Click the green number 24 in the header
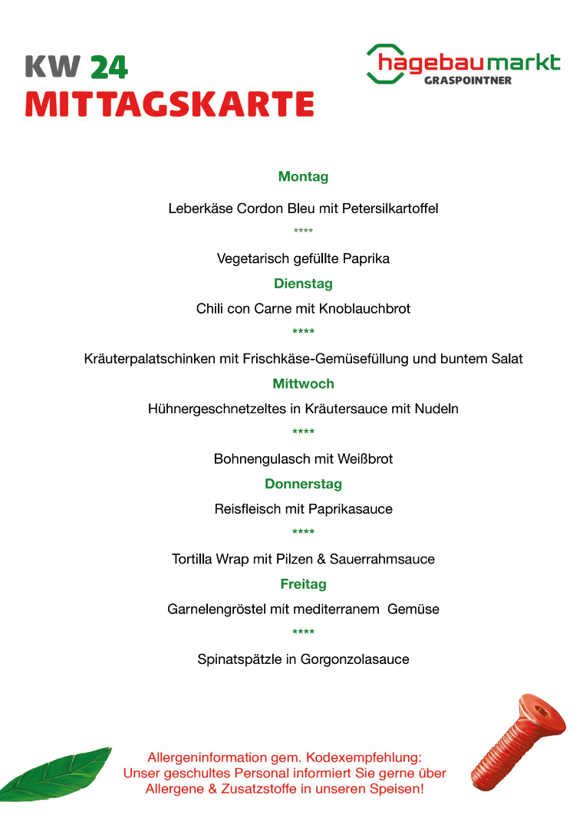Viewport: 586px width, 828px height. (x=108, y=67)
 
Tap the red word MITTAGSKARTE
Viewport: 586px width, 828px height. (x=170, y=104)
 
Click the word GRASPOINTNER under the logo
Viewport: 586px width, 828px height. (x=467, y=80)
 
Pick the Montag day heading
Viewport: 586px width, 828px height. (x=303, y=177)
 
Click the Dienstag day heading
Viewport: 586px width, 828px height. (x=303, y=284)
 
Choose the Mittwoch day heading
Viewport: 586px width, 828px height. (x=303, y=383)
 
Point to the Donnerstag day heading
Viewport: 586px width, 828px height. (x=303, y=484)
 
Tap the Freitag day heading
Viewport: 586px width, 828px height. (x=303, y=584)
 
